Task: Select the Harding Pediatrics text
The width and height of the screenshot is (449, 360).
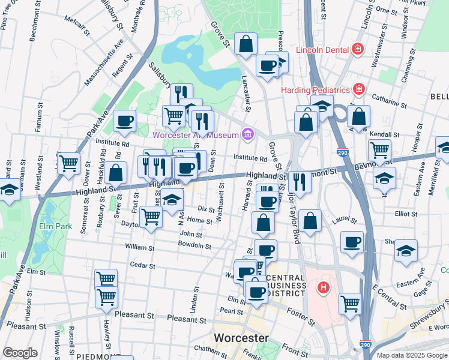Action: [x=315, y=90]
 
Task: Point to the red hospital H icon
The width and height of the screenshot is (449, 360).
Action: [x=324, y=289]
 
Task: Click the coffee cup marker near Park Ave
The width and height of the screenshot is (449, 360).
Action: [x=124, y=121]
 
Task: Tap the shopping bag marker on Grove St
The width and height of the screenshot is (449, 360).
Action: [x=246, y=44]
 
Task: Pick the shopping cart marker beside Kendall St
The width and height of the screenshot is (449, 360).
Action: [x=379, y=150]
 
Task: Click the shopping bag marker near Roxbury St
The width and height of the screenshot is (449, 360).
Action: [x=116, y=172]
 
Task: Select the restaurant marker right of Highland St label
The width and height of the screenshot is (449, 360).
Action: [x=298, y=181]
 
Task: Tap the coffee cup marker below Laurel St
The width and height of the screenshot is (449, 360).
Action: [x=352, y=242]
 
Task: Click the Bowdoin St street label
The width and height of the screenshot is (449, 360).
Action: [x=194, y=245]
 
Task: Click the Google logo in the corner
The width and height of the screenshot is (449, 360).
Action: [x=20, y=353]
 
